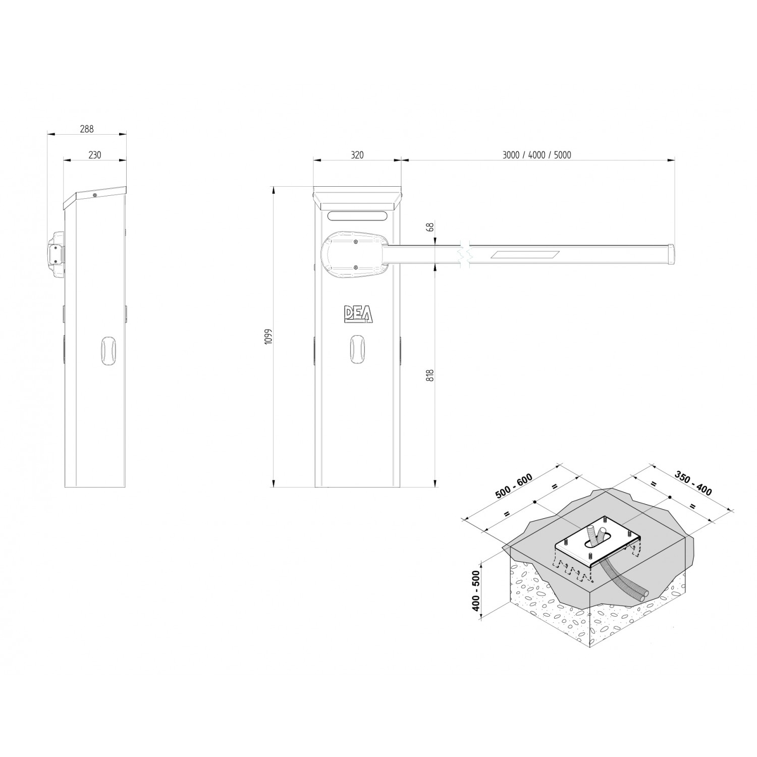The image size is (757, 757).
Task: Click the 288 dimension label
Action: tap(87, 129)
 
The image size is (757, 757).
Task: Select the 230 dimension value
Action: tap(94, 155)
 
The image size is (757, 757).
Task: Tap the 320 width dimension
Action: tap(357, 155)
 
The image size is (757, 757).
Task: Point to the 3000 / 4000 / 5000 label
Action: tap(536, 155)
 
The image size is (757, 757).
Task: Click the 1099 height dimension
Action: tap(268, 337)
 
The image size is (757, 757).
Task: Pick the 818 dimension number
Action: tap(430, 375)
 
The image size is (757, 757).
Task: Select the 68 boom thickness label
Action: tap(430, 227)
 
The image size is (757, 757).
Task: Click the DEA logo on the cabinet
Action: tap(358, 314)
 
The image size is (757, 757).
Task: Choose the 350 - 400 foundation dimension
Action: tap(693, 483)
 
